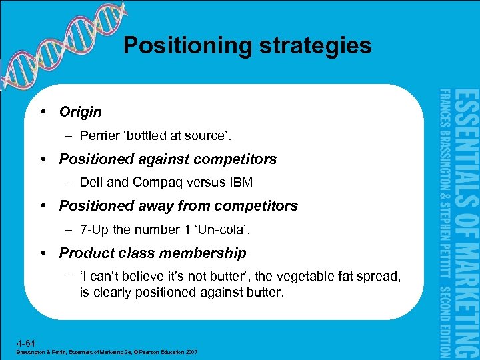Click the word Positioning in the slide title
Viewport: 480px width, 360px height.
click(x=186, y=45)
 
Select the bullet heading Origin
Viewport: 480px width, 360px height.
click(x=80, y=111)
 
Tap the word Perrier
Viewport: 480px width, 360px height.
click(x=100, y=135)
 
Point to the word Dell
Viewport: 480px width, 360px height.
click(x=91, y=182)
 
